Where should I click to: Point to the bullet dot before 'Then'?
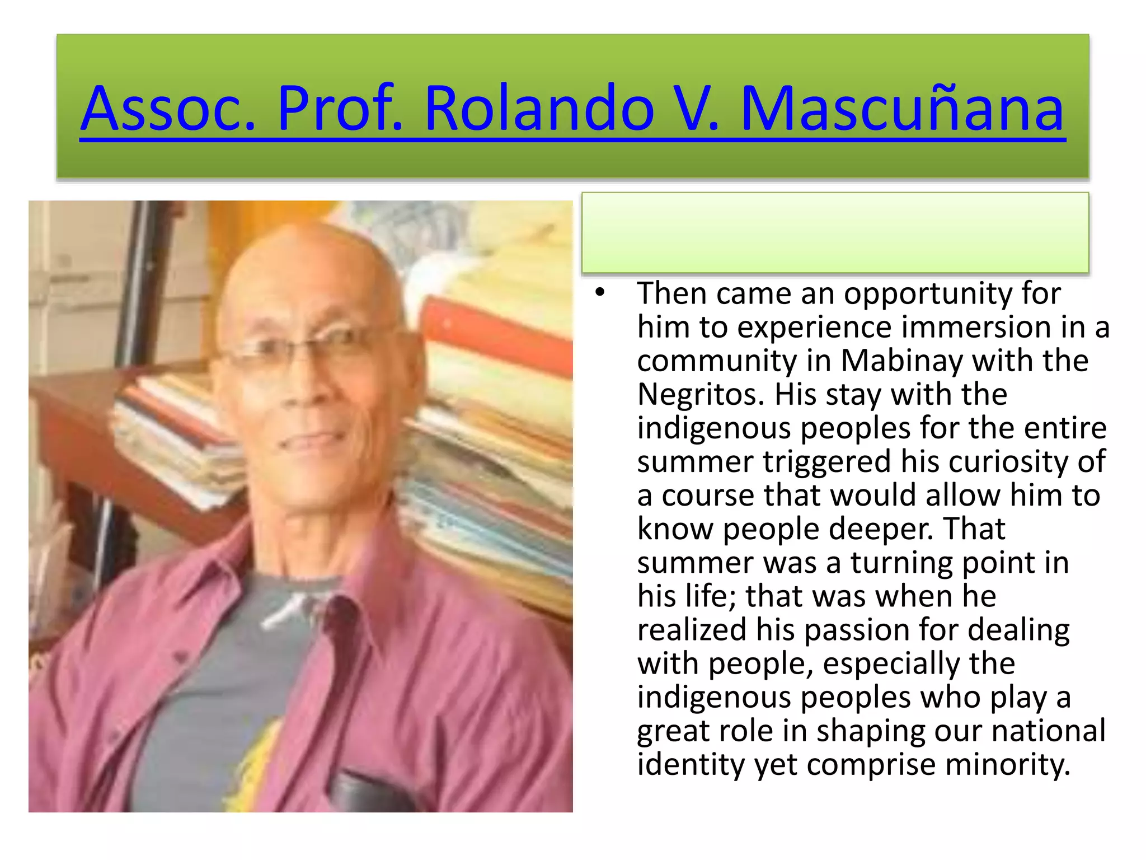pyautogui.click(x=600, y=292)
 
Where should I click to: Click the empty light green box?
pyautogui.click(x=835, y=233)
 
